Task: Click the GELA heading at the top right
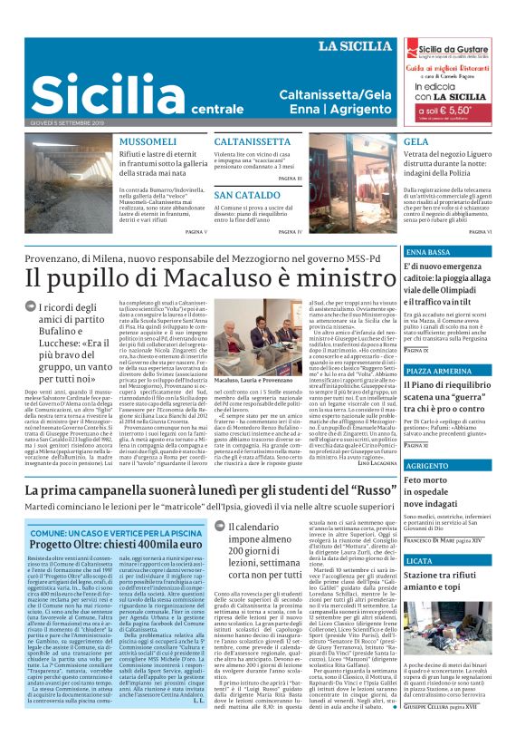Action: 416,142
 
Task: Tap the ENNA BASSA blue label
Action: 428,251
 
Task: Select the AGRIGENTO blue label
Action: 429,466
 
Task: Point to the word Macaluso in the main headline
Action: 207,277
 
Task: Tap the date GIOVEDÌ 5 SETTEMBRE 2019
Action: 67,121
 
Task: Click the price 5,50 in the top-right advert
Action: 471,109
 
